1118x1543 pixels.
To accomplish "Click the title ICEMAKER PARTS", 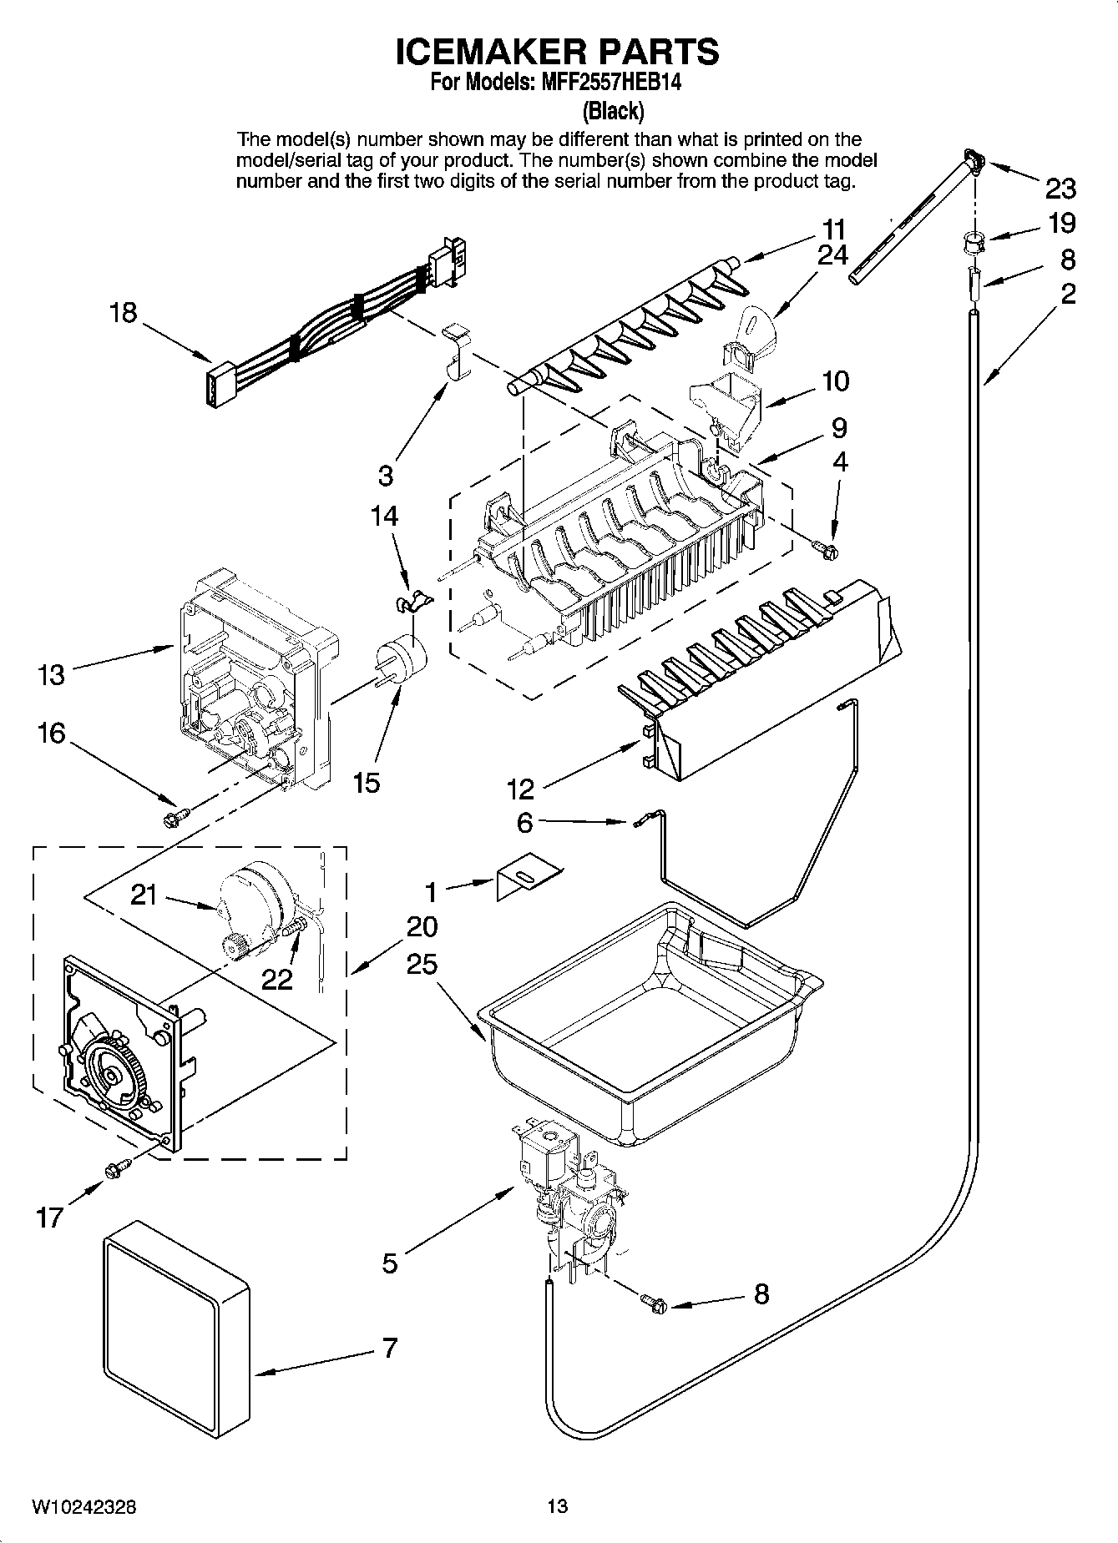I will tap(557, 52).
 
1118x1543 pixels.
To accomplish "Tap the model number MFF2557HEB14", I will tap(597, 83).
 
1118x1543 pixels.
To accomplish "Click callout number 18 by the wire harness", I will tap(123, 313).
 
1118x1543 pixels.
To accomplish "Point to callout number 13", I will tap(51, 674).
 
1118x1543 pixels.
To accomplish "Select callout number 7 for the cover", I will tap(390, 1347).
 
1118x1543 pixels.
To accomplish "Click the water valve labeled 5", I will tap(568, 1193).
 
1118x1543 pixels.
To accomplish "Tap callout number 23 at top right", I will tap(1060, 189).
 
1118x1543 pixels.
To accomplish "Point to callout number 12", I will tap(520, 787).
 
